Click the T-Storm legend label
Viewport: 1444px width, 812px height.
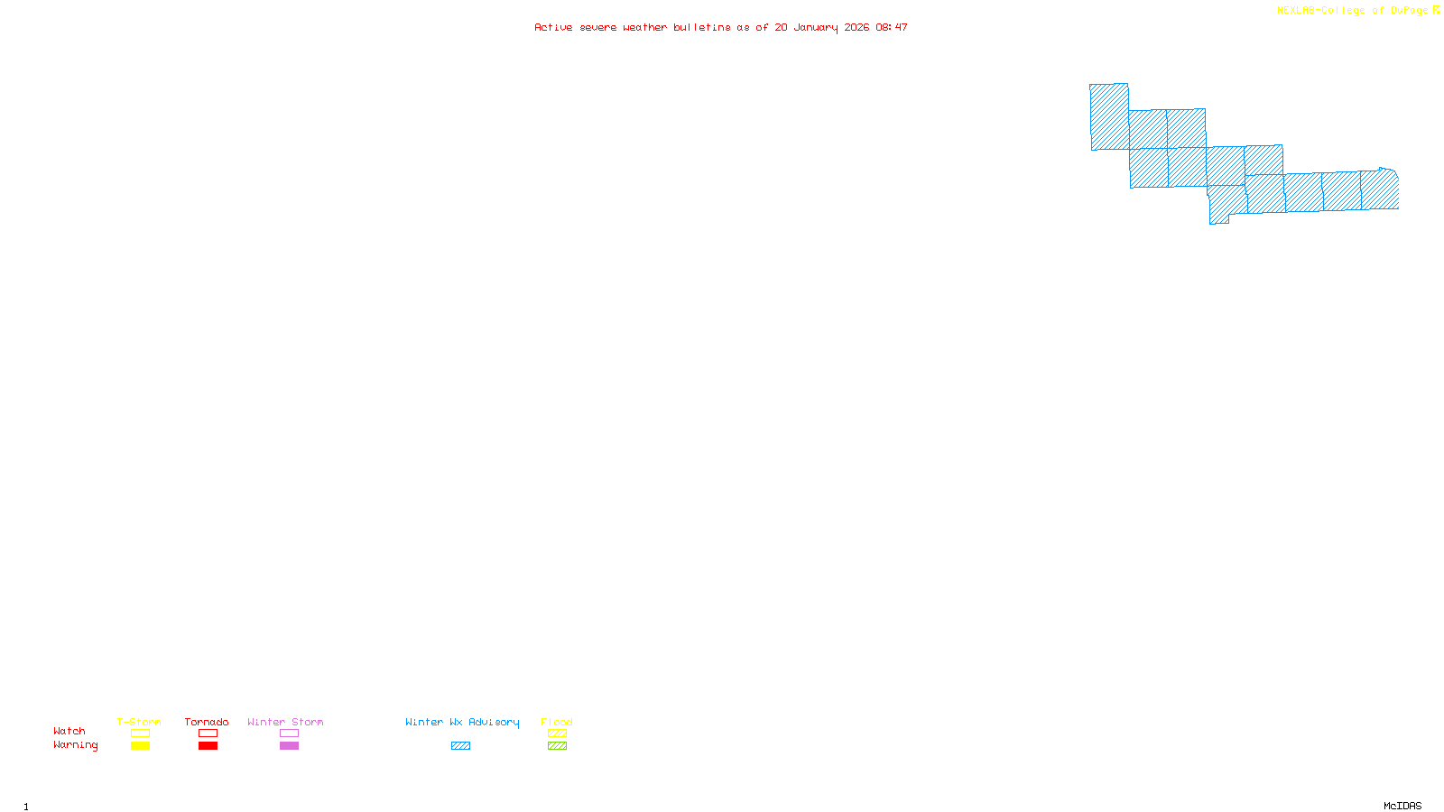(139, 722)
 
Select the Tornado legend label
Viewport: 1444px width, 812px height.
(207, 722)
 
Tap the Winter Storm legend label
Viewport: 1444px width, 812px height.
(285, 722)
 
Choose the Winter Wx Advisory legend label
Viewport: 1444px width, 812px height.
(462, 722)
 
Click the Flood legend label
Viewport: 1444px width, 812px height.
(557, 722)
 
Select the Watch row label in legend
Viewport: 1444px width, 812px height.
(69, 731)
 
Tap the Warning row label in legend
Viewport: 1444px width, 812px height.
(75, 745)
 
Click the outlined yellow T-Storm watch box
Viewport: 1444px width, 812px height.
(140, 734)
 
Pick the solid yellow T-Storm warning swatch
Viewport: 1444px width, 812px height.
(140, 746)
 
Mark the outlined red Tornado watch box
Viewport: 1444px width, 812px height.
(208, 734)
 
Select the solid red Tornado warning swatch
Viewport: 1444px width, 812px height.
(208, 746)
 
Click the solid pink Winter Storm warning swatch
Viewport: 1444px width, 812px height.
(289, 746)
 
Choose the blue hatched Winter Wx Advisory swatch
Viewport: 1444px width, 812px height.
(460, 746)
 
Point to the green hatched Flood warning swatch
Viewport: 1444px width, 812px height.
(557, 746)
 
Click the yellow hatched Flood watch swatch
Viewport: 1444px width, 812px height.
(557, 734)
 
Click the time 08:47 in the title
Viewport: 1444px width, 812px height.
(892, 27)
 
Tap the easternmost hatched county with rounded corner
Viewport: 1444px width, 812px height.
(1380, 189)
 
